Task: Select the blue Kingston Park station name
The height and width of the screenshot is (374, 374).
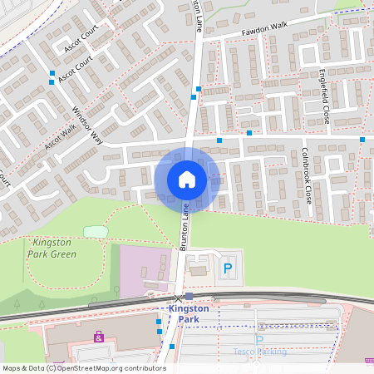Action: pos(189,313)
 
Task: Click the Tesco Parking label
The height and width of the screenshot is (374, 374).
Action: pos(259,352)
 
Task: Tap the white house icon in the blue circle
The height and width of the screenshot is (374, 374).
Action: pos(187,179)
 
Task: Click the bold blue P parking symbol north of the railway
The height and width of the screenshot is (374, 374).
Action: pos(228,268)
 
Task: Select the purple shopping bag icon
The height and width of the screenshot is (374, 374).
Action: pos(100,337)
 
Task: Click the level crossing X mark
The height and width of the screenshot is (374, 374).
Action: pos(178,298)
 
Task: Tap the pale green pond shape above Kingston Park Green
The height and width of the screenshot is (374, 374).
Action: pos(95,231)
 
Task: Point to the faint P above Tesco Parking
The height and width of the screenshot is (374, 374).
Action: pos(259,340)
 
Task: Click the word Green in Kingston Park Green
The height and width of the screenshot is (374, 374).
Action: pos(64,254)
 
